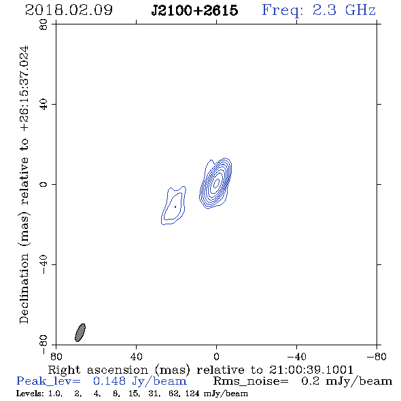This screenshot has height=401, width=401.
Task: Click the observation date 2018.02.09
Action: [69, 10]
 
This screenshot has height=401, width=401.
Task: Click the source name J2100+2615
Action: [194, 10]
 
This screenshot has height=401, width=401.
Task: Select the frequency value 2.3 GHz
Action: [344, 10]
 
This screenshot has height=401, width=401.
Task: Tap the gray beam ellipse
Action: [80, 332]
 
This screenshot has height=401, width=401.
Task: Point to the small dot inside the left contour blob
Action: [175, 207]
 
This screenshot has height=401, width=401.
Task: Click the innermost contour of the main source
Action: [217, 182]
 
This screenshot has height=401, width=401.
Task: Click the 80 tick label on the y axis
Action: [43, 24]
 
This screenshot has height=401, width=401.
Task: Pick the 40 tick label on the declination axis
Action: [43, 105]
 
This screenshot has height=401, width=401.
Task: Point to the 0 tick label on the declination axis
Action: [43, 184]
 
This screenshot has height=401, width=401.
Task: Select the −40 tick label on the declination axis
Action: [43, 264]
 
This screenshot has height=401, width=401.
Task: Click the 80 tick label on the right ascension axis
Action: [56, 356]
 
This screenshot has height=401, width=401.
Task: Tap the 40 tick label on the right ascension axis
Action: [136, 356]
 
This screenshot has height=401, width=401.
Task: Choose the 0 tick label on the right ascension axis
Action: [216, 356]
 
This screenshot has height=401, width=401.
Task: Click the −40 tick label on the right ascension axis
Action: [296, 356]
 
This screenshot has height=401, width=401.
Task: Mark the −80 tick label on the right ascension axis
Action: [377, 356]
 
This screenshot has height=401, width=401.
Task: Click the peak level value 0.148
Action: [109, 381]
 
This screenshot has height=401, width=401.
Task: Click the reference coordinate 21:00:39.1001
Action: [311, 370]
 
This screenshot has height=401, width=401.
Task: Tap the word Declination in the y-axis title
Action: [24, 289]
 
